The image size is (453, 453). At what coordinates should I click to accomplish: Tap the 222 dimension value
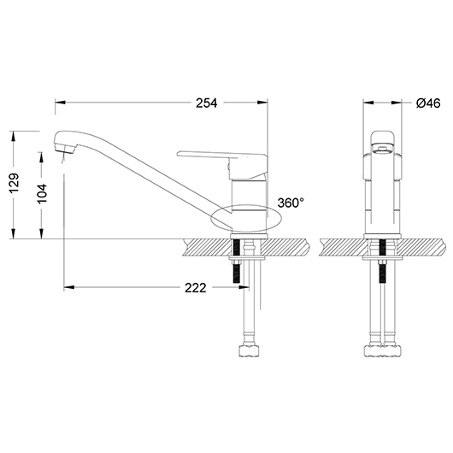196,287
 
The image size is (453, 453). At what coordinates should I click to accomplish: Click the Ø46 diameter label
427,103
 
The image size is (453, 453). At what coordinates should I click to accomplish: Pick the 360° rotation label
291,203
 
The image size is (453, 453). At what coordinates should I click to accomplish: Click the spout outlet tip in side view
62,151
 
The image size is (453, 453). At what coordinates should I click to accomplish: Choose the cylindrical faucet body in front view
385,192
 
